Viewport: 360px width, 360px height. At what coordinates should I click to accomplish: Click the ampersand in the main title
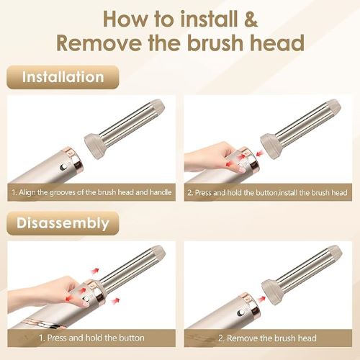(x=251, y=19)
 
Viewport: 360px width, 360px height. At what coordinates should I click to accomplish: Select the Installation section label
(x=63, y=77)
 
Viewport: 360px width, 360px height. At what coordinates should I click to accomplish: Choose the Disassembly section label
(x=63, y=223)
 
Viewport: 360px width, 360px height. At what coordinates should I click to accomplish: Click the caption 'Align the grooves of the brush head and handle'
(x=91, y=192)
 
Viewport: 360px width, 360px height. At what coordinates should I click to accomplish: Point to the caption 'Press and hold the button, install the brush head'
(x=268, y=192)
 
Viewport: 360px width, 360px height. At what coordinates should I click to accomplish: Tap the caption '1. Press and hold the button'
(x=91, y=338)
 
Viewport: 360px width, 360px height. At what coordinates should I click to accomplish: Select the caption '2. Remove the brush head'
(x=267, y=338)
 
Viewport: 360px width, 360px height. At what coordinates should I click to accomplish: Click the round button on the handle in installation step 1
(x=64, y=167)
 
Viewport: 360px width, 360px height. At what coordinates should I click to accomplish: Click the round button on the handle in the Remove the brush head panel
(x=240, y=312)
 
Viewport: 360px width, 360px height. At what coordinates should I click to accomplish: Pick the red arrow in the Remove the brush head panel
(x=261, y=299)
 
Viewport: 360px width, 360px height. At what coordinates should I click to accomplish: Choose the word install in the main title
(x=209, y=19)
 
